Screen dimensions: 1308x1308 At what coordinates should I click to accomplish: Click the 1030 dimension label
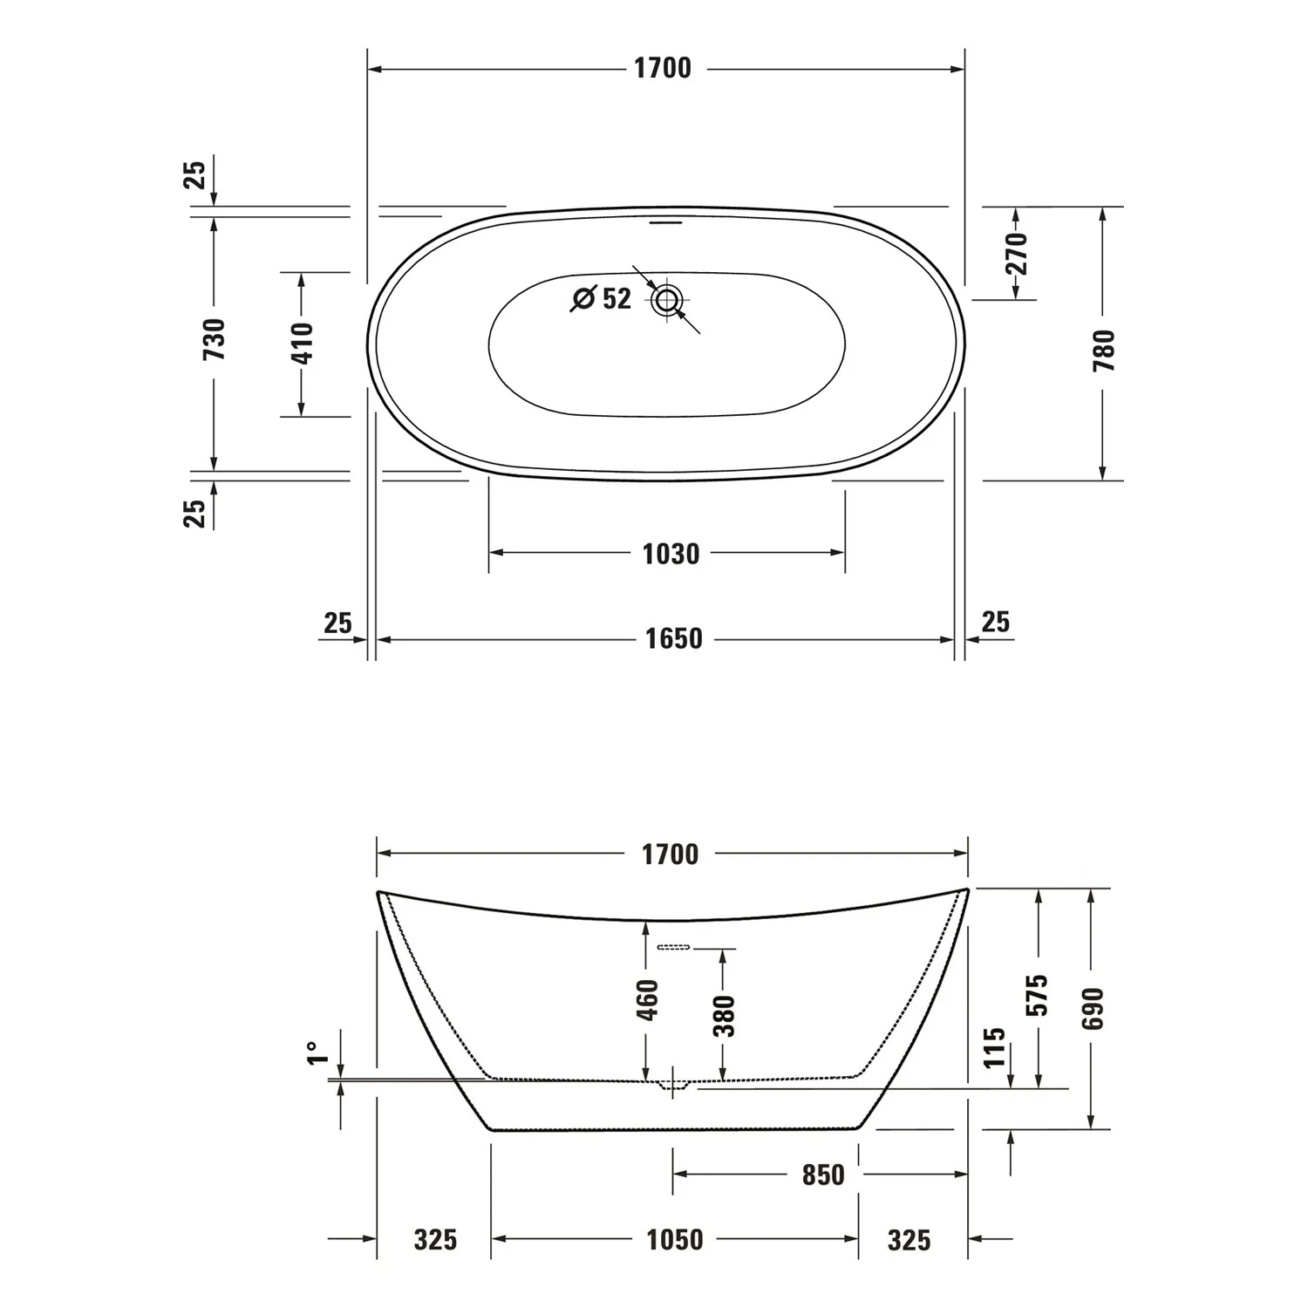point(671,554)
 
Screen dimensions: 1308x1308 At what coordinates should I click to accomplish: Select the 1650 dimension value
point(673,639)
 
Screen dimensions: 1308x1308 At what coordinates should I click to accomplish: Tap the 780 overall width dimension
point(1104,350)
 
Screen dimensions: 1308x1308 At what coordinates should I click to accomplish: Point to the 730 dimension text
point(214,339)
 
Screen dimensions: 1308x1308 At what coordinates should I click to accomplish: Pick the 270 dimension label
point(1017,253)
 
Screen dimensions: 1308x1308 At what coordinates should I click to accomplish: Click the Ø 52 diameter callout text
point(601,298)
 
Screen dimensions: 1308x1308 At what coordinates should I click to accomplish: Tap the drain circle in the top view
point(667,301)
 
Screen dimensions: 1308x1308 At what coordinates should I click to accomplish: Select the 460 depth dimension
point(647,999)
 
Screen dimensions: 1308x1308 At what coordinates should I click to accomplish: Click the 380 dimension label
point(724,1015)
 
